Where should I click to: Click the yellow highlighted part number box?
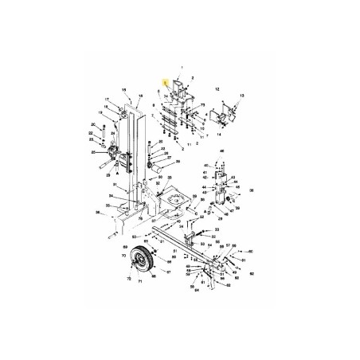165,83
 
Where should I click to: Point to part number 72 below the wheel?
129,281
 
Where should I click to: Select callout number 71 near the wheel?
144,281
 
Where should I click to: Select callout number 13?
241,95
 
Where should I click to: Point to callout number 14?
218,124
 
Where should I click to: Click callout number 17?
106,100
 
